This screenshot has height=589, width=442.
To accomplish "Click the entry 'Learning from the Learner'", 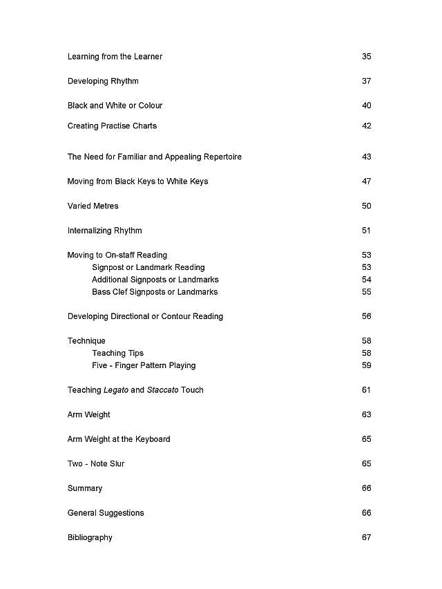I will click(115, 57).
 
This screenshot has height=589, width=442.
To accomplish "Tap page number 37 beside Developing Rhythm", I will click(366, 81).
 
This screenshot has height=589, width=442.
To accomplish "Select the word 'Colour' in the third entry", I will click(151, 106).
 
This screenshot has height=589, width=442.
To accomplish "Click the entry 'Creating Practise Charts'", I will click(112, 126).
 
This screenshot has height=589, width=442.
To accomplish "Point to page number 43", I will click(366, 157).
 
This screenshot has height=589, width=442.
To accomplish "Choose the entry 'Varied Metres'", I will click(93, 206).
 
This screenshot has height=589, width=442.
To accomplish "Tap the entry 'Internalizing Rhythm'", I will click(104, 231).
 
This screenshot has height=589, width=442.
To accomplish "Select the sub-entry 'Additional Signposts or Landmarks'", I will click(155, 280).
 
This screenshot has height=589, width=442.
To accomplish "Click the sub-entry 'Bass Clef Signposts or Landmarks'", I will click(155, 292).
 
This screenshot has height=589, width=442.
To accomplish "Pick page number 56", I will click(366, 317).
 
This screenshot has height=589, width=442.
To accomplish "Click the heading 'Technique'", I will click(86, 341).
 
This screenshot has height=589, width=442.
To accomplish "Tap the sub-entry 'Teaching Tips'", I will click(117, 354).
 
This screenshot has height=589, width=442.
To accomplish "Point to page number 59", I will click(366, 366).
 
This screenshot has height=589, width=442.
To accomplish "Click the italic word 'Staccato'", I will click(162, 390).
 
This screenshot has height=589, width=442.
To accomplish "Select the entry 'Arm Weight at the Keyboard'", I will click(119, 439).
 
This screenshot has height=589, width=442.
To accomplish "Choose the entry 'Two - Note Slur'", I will click(96, 464).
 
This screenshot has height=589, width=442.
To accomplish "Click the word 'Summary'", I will click(85, 488).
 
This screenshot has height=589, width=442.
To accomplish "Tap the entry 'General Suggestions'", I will click(106, 513).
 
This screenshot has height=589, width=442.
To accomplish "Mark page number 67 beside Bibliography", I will click(366, 538).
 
